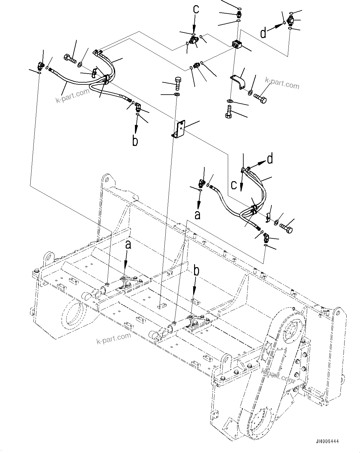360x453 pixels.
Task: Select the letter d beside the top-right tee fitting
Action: (263, 33)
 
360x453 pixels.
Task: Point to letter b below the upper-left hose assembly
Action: (135, 140)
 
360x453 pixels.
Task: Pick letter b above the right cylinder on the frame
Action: (196, 271)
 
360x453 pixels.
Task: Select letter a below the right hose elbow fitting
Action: (197, 215)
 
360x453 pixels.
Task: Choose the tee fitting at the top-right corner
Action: (291, 21)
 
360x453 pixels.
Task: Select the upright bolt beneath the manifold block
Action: (229, 112)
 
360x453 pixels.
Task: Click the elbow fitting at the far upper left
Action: (40, 65)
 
